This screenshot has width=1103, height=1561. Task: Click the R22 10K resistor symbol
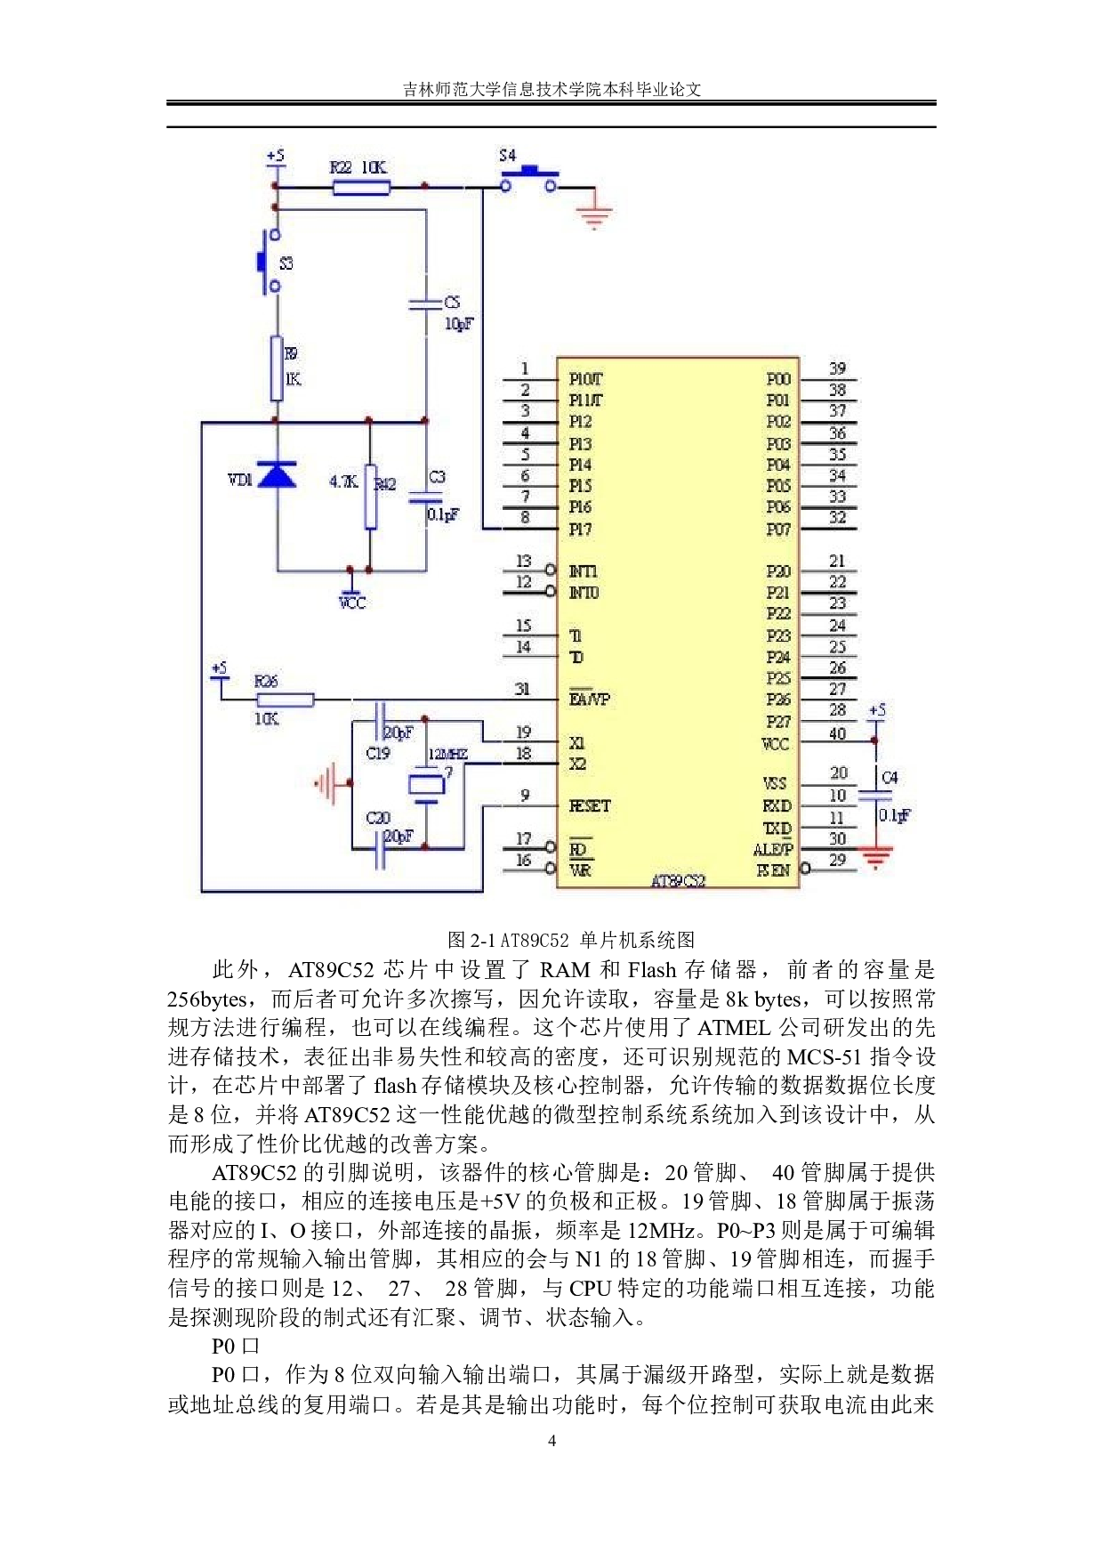tap(361, 187)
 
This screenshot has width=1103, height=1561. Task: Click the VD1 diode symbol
tap(277, 476)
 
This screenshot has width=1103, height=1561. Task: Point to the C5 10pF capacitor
tap(426, 304)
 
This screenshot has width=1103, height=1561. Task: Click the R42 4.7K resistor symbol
tap(370, 496)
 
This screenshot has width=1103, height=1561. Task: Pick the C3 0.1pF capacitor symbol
tap(426, 497)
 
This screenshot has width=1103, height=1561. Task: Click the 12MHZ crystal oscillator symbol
tap(426, 785)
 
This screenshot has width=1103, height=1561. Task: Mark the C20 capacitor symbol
tap(380, 850)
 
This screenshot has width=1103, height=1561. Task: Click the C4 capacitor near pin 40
tap(875, 796)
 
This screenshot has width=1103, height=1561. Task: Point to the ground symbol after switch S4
tap(593, 214)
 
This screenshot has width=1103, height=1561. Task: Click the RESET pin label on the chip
tap(590, 806)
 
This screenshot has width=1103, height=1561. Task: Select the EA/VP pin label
tap(590, 700)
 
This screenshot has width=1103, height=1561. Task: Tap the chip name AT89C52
tap(678, 881)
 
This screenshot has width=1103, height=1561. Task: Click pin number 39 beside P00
tap(837, 368)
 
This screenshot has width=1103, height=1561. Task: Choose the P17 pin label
tap(580, 530)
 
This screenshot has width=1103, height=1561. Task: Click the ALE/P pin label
tap(772, 850)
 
